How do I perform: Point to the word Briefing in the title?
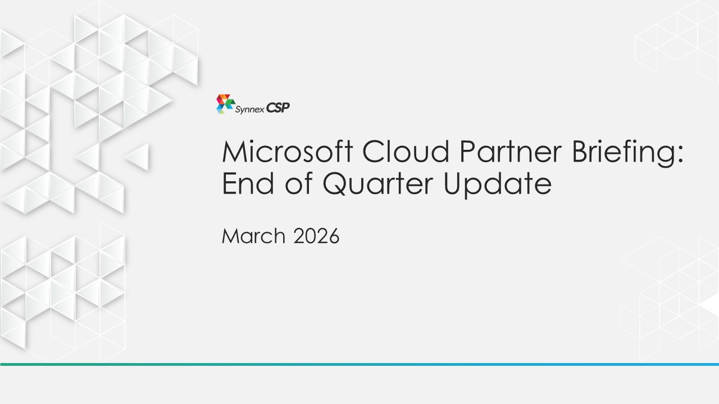(x=624, y=154)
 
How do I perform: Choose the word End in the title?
(x=248, y=183)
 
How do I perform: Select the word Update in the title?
(x=498, y=185)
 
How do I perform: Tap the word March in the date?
(x=253, y=236)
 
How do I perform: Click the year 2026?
(x=316, y=236)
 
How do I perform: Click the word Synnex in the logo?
(x=250, y=109)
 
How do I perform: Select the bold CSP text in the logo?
(x=278, y=108)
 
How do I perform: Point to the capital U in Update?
(x=453, y=183)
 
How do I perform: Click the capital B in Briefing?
(x=580, y=151)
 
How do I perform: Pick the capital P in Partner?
(x=467, y=151)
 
